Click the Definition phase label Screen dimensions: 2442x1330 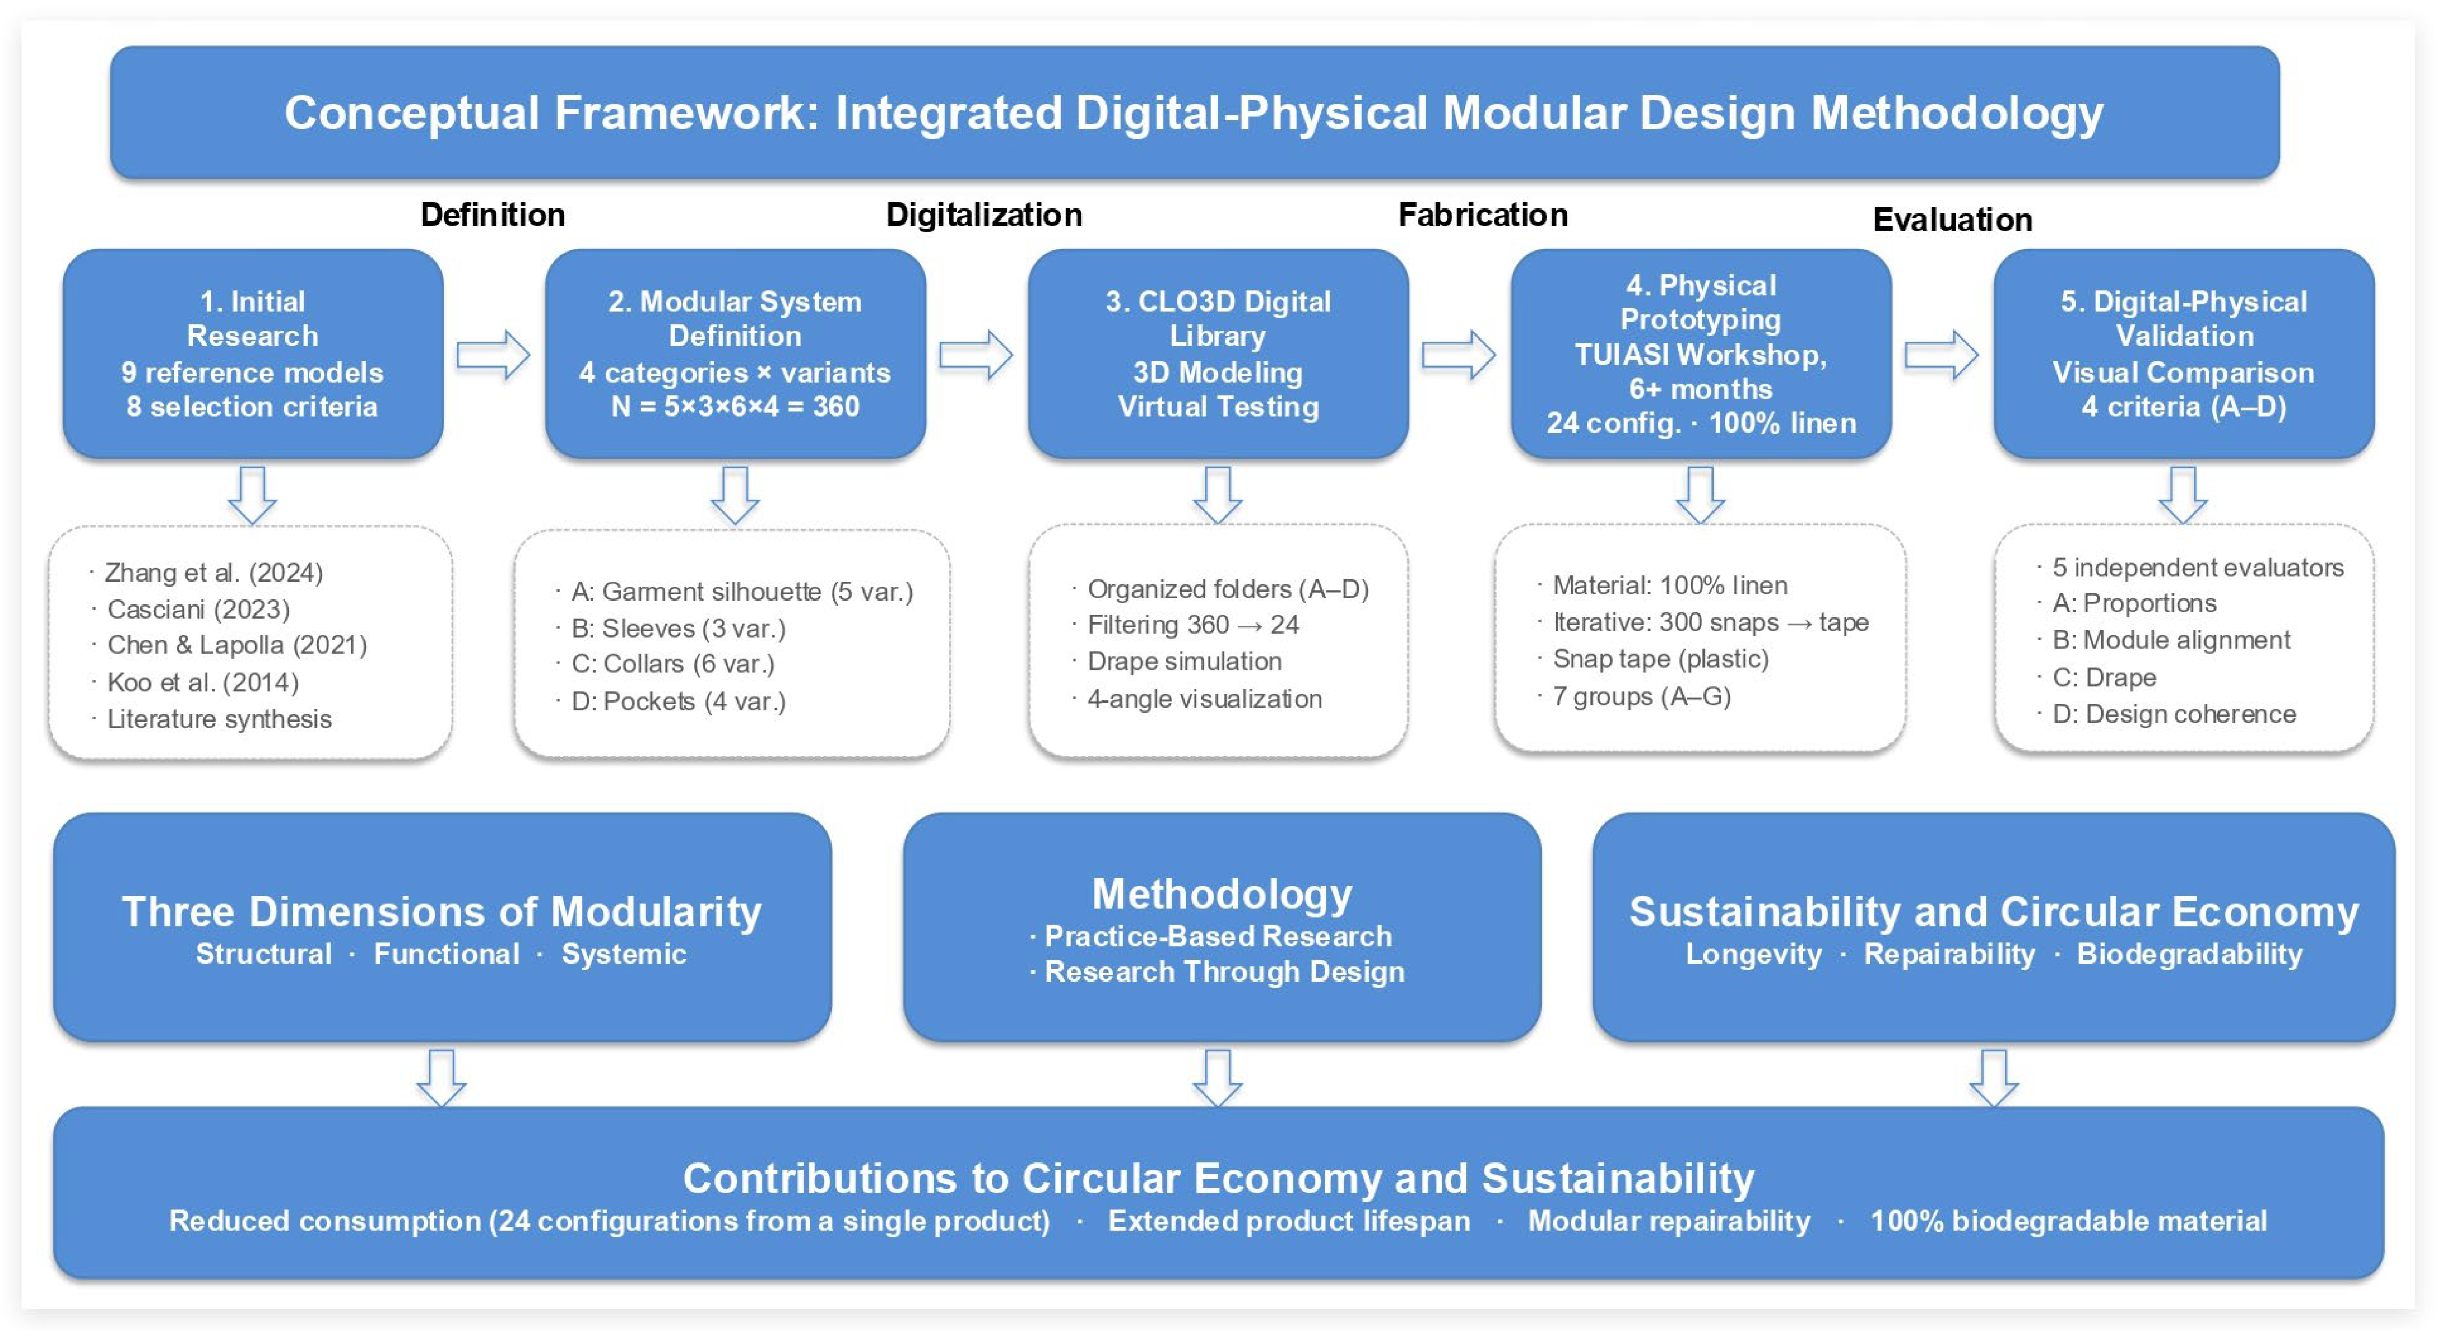pos(493,215)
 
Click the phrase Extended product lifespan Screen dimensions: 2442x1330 pos(1289,1221)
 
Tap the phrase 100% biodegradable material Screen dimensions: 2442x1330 pos(2068,1221)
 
